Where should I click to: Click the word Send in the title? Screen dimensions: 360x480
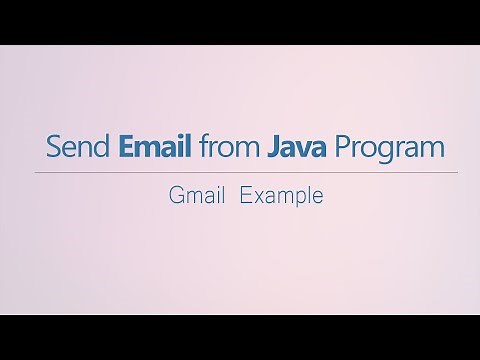pyautogui.click(x=79, y=148)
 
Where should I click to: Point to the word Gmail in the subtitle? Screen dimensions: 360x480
pyautogui.click(x=196, y=196)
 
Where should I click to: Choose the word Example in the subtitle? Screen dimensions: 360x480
pyautogui.click(x=282, y=197)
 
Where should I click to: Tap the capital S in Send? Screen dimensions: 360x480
pyautogui.click(x=53, y=148)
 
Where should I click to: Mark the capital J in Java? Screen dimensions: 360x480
pyautogui.click(x=272, y=148)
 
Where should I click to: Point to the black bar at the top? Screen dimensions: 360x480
pyautogui.click(x=240, y=21)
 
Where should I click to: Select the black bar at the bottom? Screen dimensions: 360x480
pyautogui.click(x=240, y=337)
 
